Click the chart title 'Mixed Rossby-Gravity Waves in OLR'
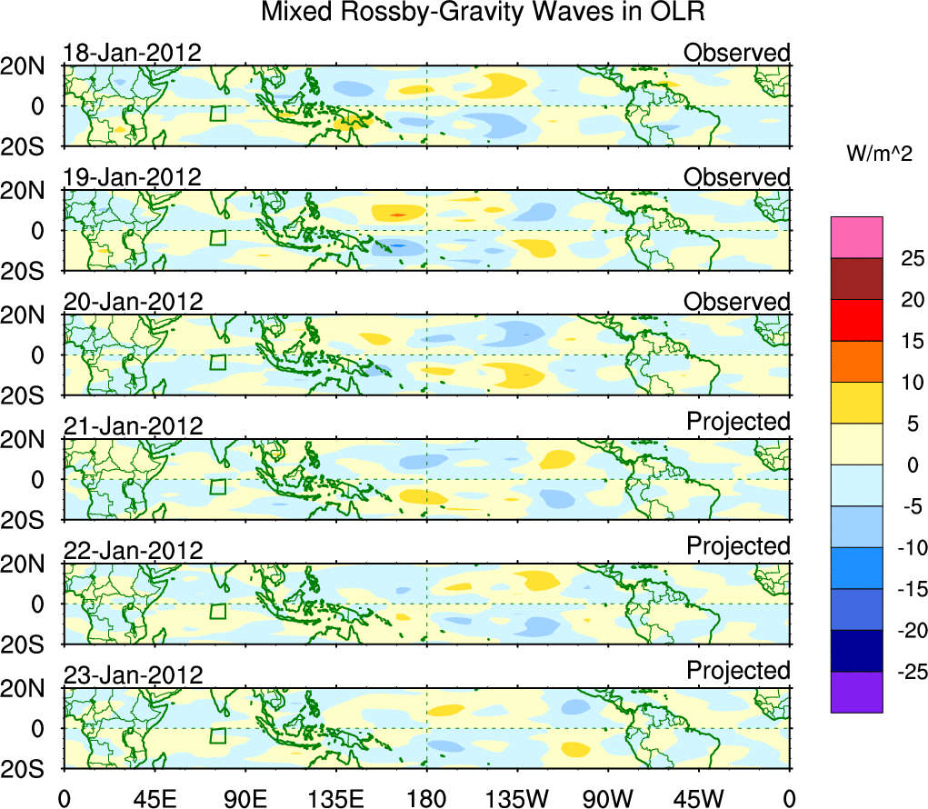pyautogui.click(x=483, y=13)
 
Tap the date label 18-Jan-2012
pyautogui.click(x=132, y=53)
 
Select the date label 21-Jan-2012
pyautogui.click(x=132, y=426)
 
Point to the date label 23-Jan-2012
pyautogui.click(x=132, y=675)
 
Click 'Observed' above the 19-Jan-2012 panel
pyautogui.click(x=737, y=177)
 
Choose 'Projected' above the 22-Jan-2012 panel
pyautogui.click(x=738, y=546)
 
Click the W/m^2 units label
pyautogui.click(x=879, y=155)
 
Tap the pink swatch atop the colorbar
pyautogui.click(x=856, y=237)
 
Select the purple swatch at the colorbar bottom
pyautogui.click(x=856, y=692)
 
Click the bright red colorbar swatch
pyautogui.click(x=856, y=320)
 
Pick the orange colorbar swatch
pyautogui.click(x=856, y=361)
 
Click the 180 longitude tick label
pyautogui.click(x=426, y=798)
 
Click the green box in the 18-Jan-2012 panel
pyautogui.click(x=217, y=113)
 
